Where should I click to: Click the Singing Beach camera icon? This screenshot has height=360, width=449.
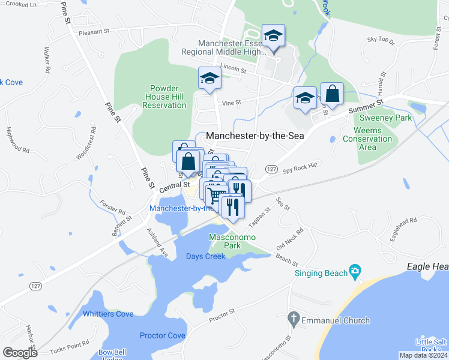355,272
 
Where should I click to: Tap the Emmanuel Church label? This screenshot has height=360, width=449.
336,320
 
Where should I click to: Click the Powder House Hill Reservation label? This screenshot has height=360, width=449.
164,97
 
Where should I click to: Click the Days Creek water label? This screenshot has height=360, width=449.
205,256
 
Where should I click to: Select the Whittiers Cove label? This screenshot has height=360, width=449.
108,314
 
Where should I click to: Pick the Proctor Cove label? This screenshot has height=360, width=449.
162,335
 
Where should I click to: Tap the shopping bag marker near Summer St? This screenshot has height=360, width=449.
332,94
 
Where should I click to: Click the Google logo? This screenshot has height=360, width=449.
20,352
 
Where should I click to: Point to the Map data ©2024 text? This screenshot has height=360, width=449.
423,355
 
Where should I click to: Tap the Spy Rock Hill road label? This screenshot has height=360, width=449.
298,169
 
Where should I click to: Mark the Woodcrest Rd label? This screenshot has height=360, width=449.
86,143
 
